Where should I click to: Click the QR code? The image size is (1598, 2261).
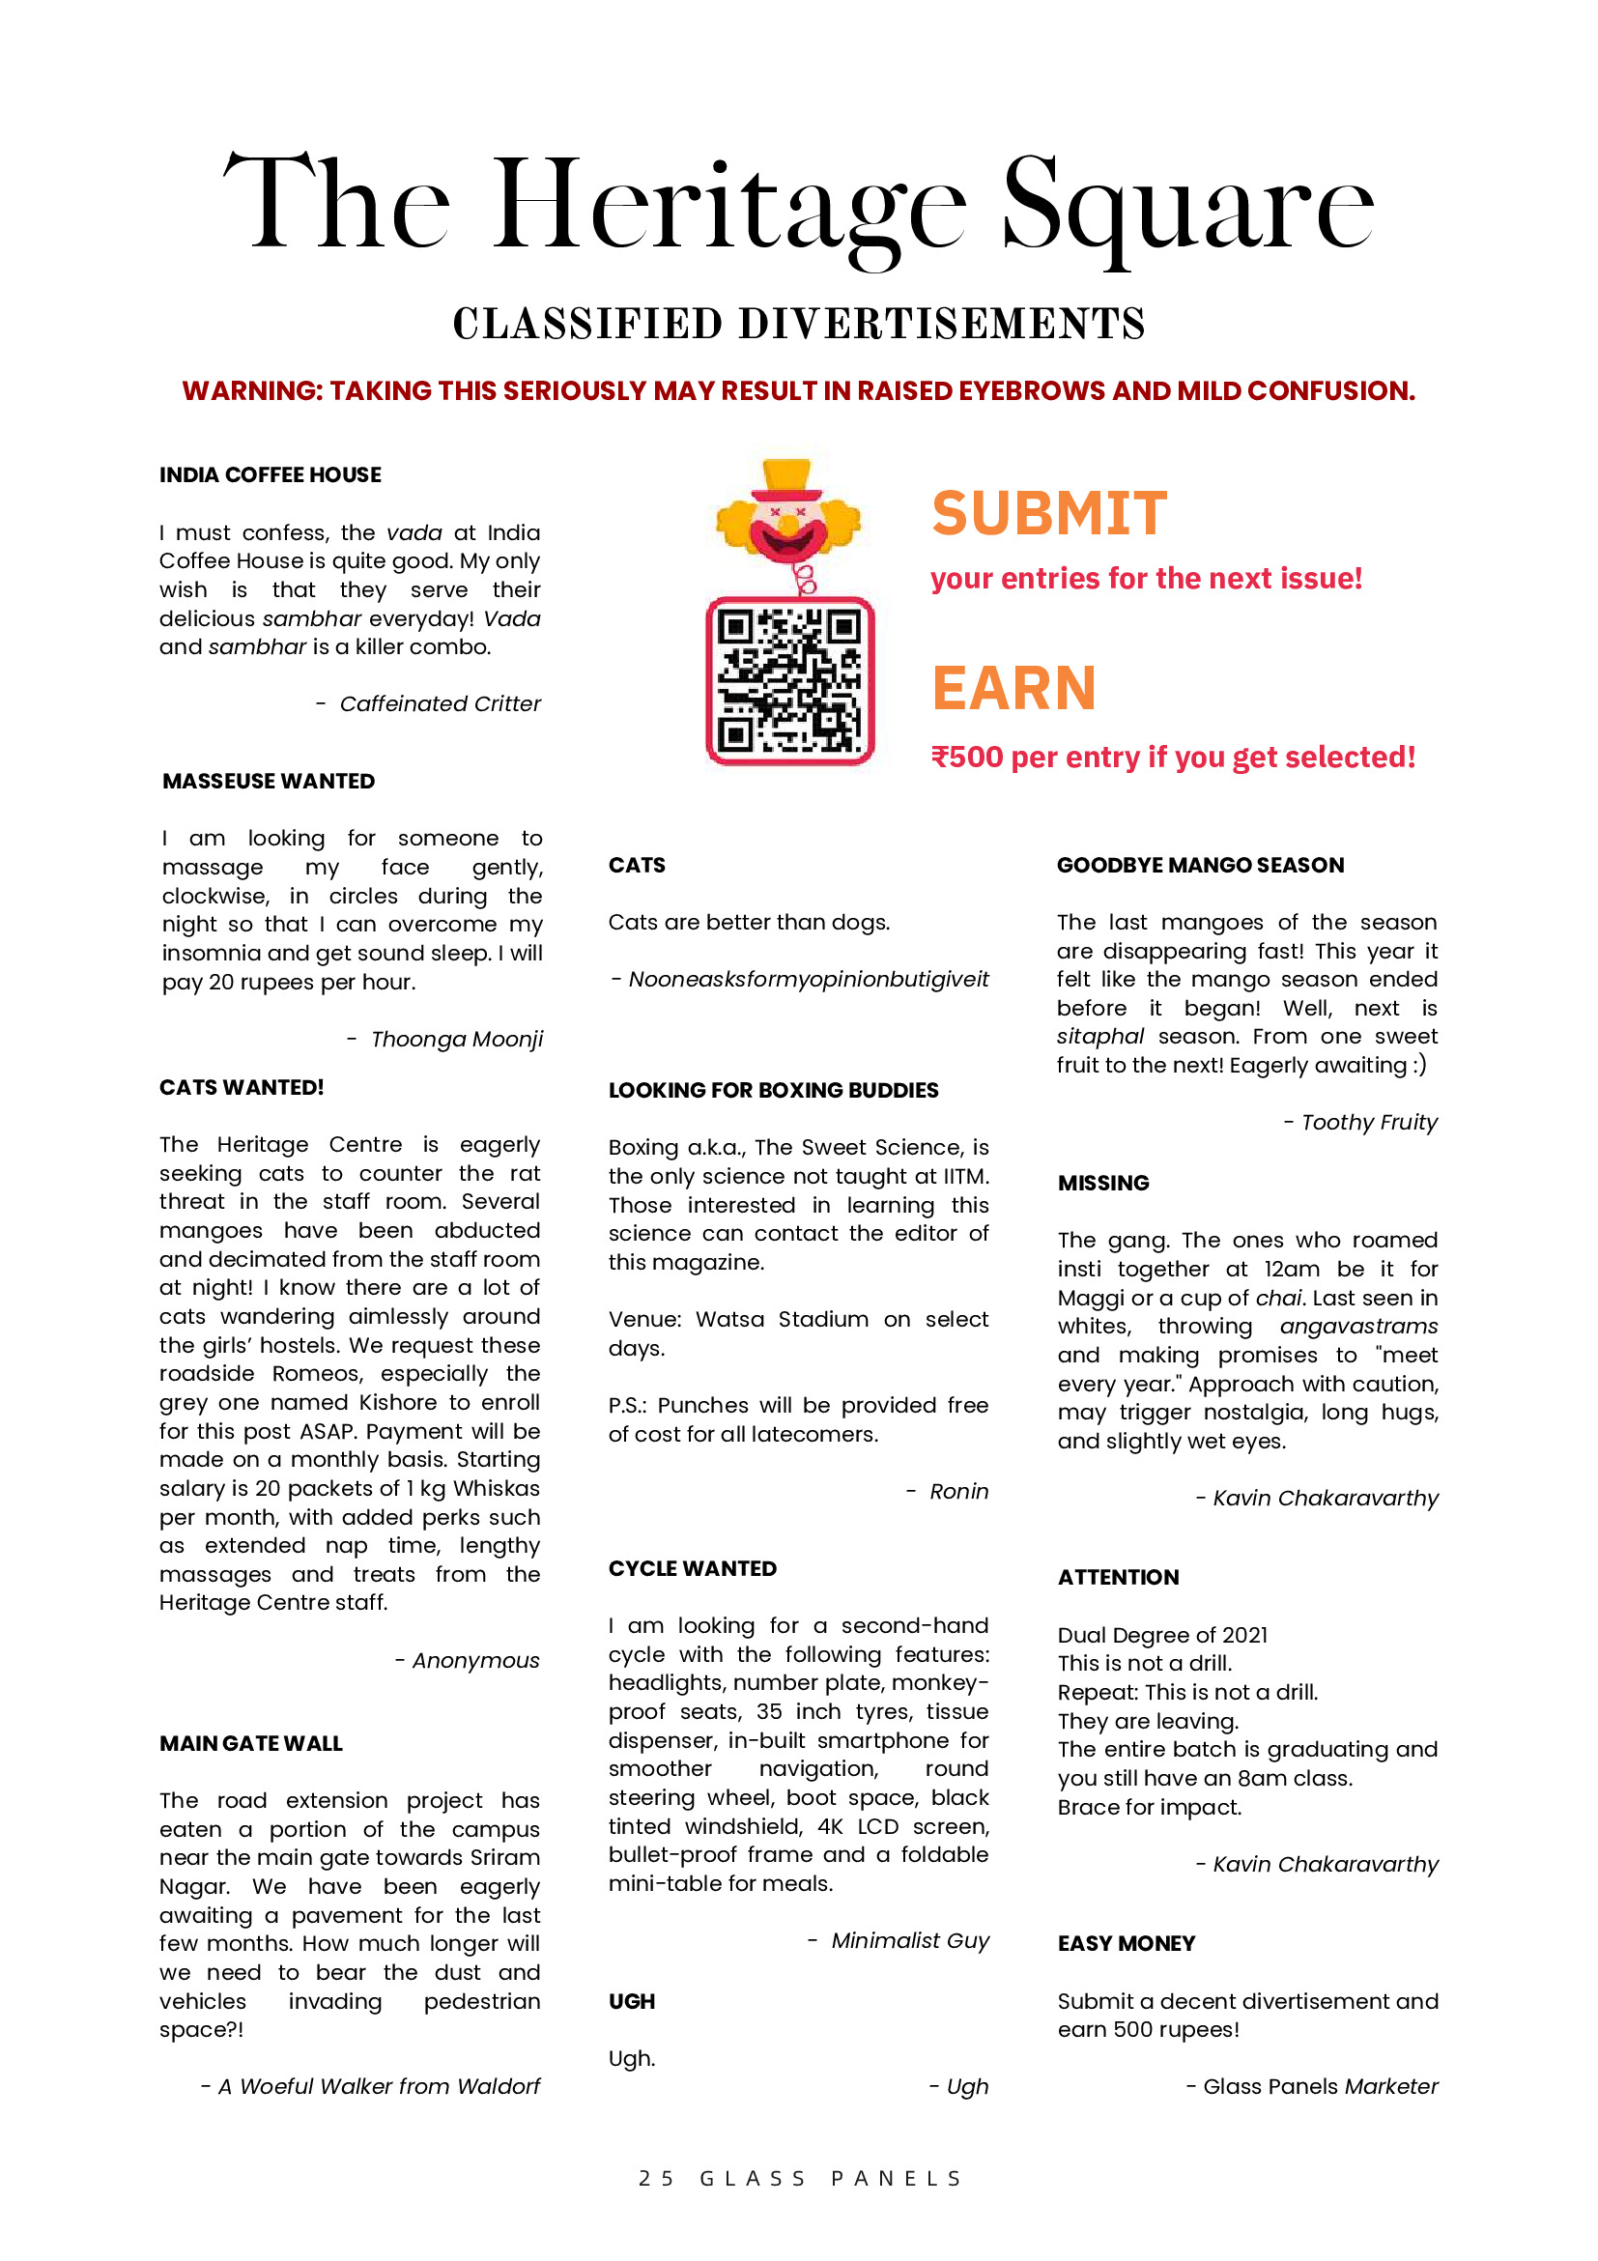click(789, 680)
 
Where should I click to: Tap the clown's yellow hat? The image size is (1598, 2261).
click(786, 476)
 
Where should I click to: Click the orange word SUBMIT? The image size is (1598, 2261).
click(1048, 513)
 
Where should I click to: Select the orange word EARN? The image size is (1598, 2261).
click(1013, 687)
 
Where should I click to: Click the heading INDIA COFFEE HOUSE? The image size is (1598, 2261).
click(270, 474)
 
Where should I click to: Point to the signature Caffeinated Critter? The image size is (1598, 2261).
click(440, 703)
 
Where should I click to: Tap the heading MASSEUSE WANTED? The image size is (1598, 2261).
click(268, 781)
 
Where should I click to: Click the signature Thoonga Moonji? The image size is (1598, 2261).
click(456, 1039)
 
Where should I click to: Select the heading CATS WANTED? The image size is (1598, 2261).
click(242, 1087)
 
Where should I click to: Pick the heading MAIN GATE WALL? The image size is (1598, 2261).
click(251, 1743)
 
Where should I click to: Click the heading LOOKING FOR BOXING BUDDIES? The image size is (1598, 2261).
click(773, 1090)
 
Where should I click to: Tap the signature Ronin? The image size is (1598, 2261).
click(958, 1491)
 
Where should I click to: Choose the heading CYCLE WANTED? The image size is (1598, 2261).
click(692, 1569)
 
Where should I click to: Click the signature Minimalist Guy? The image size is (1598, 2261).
click(910, 1940)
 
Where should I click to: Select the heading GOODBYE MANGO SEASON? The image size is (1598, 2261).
click(1199, 865)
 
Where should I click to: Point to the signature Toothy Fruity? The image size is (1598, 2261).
click(1369, 1122)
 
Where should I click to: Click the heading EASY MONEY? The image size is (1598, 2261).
click(1126, 1943)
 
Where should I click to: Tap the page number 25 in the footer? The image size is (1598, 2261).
click(656, 2178)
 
